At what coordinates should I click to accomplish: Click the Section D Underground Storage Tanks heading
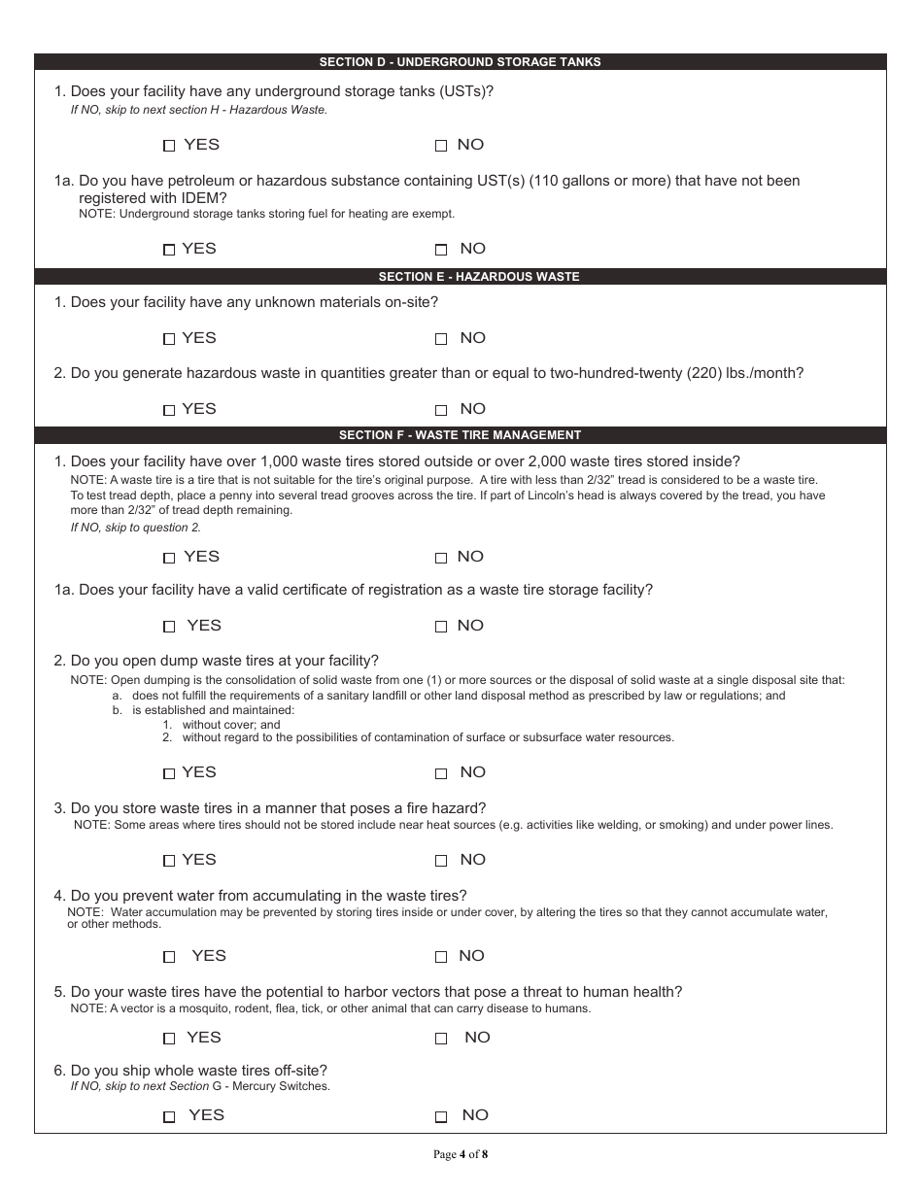[461, 62]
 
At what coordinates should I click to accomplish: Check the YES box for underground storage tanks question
[169, 146]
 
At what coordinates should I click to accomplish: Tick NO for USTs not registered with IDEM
[441, 250]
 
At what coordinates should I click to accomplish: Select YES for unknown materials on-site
[169, 339]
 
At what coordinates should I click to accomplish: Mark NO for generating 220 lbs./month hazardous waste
[441, 410]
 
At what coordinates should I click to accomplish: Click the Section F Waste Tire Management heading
[460, 435]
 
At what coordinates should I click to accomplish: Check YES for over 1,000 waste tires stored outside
[169, 558]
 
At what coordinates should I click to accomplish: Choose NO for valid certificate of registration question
[441, 627]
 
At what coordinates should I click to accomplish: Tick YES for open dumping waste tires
[169, 773]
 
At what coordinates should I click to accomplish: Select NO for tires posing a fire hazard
[441, 861]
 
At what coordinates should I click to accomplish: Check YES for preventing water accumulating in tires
[169, 957]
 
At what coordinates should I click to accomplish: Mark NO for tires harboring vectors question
[441, 1039]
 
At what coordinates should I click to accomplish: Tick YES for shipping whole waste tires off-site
[169, 1116]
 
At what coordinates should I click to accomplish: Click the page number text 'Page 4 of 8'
[461, 1155]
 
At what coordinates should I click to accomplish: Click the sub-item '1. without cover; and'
[222, 725]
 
